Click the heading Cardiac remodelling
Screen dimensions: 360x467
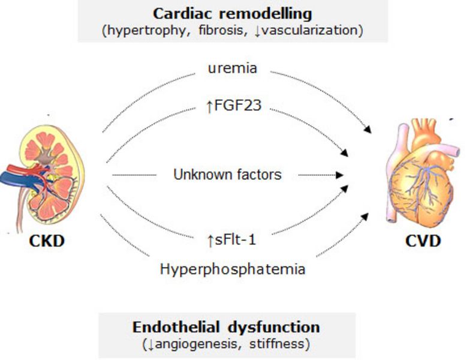click(x=233, y=13)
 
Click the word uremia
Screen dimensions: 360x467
click(x=233, y=68)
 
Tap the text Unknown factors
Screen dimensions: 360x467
click(x=227, y=175)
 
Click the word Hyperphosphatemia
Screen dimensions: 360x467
click(x=233, y=269)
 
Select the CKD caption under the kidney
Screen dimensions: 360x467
click(x=46, y=241)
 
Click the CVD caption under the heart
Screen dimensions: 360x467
click(x=423, y=241)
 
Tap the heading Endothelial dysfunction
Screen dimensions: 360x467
click(x=226, y=327)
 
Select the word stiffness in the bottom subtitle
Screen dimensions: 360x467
click(x=282, y=344)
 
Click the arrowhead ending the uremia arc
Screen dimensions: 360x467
click(x=367, y=130)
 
